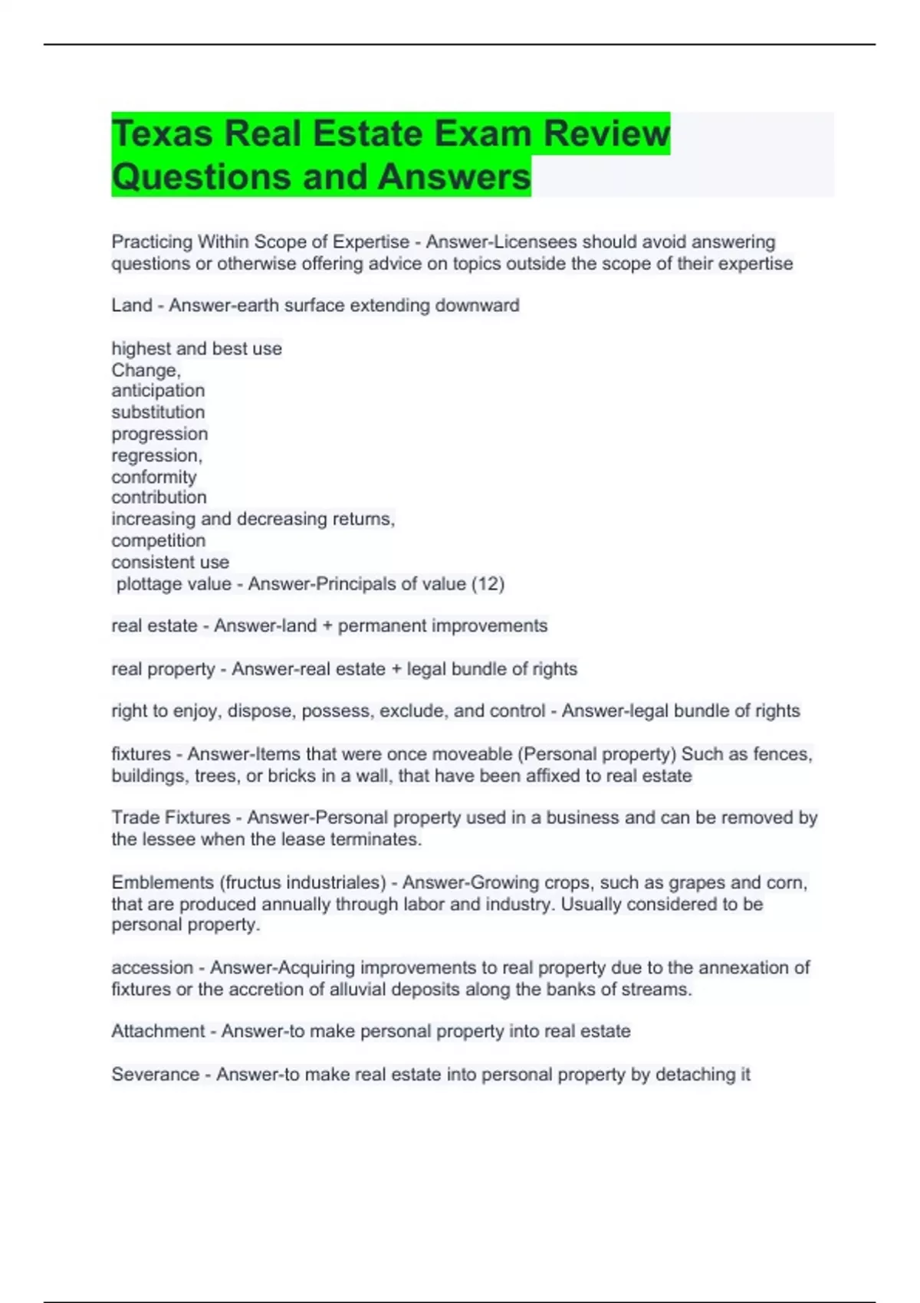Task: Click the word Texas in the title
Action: pos(162,134)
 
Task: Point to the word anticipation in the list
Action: pos(158,391)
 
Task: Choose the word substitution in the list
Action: pos(158,412)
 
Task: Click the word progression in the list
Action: pos(159,434)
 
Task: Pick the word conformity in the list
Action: pos(154,477)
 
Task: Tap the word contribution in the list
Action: pos(159,497)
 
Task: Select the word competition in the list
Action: pos(158,541)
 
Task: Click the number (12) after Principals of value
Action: pos(488,584)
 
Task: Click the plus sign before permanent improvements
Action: pos(327,626)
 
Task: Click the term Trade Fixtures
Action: pos(170,818)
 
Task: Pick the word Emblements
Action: pos(163,883)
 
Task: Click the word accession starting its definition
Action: pos(152,968)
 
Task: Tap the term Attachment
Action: pos(158,1032)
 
